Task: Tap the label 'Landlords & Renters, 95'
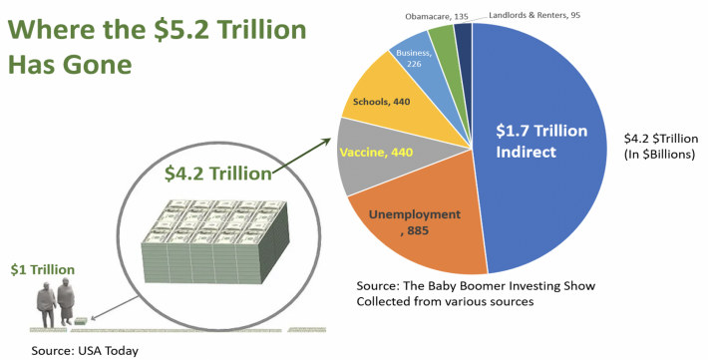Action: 534,15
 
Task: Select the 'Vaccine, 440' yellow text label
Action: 376,153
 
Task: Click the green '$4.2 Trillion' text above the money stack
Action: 218,174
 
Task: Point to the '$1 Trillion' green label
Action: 43,269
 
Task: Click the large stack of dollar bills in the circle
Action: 214,241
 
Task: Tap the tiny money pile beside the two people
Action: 81,321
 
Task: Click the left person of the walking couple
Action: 47,305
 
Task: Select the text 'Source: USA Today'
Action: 85,350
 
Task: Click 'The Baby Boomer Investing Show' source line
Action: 476,286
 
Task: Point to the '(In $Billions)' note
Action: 659,155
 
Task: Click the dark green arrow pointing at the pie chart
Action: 301,156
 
